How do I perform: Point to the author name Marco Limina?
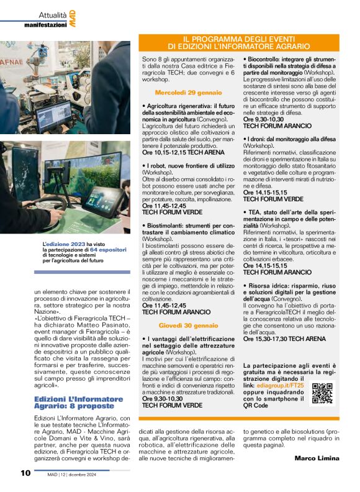tap(317, 458)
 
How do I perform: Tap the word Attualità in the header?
tap(48, 12)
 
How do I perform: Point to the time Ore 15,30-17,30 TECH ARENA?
tap(284, 339)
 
